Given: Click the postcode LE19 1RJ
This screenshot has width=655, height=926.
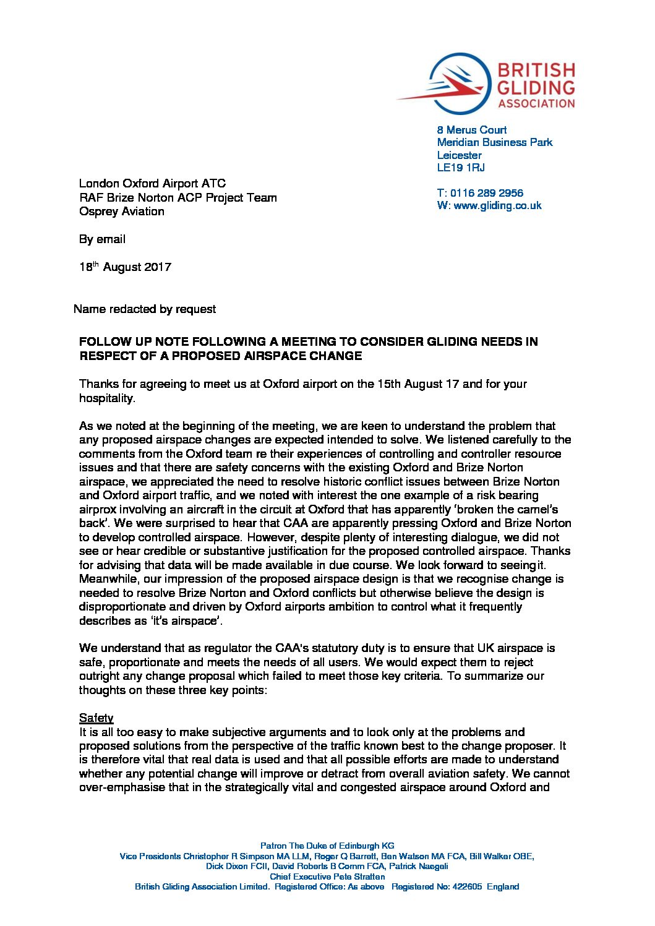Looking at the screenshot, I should [x=460, y=168].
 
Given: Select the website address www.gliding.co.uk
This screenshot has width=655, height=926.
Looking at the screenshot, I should [x=497, y=205].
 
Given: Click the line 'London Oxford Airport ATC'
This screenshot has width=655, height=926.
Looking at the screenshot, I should [x=152, y=184].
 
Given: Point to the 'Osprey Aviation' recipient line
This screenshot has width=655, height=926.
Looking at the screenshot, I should [x=122, y=212].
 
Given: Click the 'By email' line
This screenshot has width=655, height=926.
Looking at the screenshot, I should [x=102, y=239].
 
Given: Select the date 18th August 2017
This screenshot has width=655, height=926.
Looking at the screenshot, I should [x=125, y=267].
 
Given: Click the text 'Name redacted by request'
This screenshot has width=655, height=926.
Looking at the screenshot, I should [x=145, y=309].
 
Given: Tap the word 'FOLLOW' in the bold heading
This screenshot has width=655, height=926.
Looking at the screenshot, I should [x=103, y=341].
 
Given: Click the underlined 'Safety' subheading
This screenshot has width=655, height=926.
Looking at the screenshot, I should [x=96, y=718].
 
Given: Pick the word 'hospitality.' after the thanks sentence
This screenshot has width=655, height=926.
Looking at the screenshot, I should [x=107, y=398].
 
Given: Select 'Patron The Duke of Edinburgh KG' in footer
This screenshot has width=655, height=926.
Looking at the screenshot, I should [x=327, y=846].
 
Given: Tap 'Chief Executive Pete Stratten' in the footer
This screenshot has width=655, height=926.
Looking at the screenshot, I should [x=327, y=877].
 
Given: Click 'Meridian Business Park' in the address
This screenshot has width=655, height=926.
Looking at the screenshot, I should [x=494, y=142].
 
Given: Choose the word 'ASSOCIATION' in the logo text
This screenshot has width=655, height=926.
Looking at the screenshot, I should [x=536, y=103].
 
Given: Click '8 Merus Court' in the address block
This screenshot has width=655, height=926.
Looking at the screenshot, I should [x=471, y=130].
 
